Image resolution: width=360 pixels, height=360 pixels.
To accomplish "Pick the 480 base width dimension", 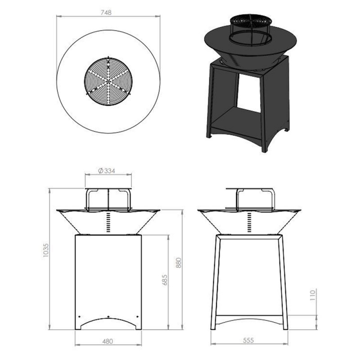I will (108, 341).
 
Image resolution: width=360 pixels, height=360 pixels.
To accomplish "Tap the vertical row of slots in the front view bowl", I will (108, 223).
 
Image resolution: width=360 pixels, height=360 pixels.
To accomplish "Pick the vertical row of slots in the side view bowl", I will (251, 223).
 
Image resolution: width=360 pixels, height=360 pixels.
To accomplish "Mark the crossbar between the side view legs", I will (250, 315).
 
